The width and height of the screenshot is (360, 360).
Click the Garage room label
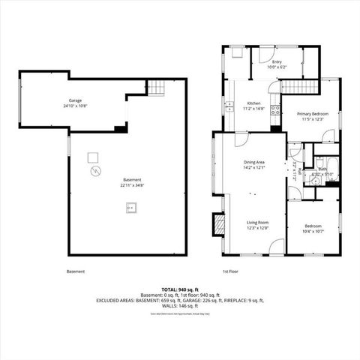pyautogui.click(x=75, y=100)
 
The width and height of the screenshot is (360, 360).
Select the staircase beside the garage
pyautogui.click(x=154, y=88)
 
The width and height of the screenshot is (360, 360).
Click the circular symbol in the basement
pyautogui.click(x=94, y=172)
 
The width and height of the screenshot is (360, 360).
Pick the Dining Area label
pyautogui.click(x=253, y=163)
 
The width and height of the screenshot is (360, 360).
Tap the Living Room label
pyautogui.click(x=258, y=222)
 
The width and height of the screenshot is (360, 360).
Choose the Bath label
pyautogui.click(x=322, y=169)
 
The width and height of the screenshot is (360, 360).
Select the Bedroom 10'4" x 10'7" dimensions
pyautogui.click(x=314, y=231)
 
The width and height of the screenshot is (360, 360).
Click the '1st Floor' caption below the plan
pyautogui.click(x=230, y=271)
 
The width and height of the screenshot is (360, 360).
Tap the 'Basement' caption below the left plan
pyautogui.click(x=76, y=271)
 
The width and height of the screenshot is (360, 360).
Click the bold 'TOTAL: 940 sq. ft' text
pyautogui.click(x=180, y=289)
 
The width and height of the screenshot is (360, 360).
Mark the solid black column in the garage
pyautogui.click(x=121, y=129)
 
